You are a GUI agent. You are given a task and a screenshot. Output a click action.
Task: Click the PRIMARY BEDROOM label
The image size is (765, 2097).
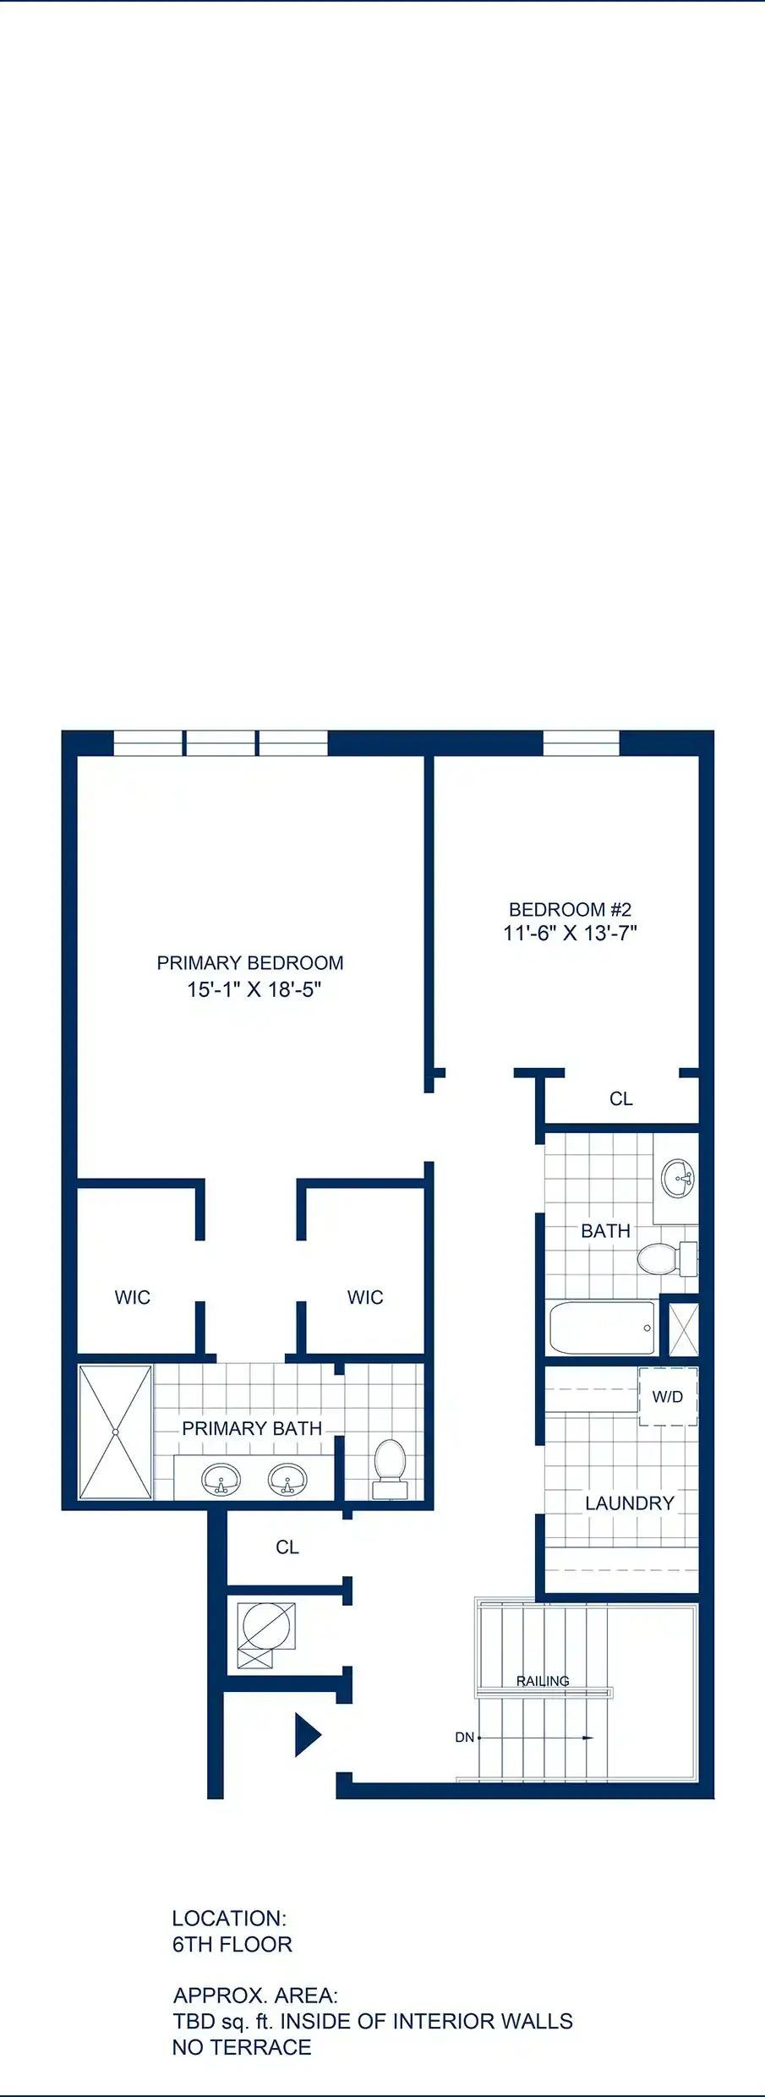(x=250, y=963)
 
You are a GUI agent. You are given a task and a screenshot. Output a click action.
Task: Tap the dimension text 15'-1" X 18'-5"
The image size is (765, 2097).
(x=254, y=989)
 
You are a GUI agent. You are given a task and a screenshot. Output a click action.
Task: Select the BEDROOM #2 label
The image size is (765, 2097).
(x=571, y=910)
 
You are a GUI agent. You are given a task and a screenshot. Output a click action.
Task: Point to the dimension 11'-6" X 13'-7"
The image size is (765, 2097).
(x=571, y=934)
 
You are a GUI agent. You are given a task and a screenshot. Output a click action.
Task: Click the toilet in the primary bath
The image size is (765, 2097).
(x=390, y=1470)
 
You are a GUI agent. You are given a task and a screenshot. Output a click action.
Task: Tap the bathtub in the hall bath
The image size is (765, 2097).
(x=602, y=1328)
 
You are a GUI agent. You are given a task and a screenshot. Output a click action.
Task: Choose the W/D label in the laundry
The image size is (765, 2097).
(x=668, y=1397)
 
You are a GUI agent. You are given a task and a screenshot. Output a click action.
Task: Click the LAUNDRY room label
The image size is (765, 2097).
(x=630, y=1503)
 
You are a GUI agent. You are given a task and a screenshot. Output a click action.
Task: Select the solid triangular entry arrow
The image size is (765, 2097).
(x=308, y=1735)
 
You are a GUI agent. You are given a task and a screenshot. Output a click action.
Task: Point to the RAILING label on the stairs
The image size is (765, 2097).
(x=543, y=1681)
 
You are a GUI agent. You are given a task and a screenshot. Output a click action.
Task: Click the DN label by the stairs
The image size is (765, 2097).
(x=465, y=1738)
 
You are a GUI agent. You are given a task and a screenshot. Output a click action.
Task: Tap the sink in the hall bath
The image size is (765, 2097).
(x=678, y=1178)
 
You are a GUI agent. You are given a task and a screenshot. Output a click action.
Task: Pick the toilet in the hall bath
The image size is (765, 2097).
(x=667, y=1259)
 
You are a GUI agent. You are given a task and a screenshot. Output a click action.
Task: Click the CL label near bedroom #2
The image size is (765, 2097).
(x=621, y=1098)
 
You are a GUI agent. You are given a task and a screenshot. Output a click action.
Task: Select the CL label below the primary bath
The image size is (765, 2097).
(x=287, y=1547)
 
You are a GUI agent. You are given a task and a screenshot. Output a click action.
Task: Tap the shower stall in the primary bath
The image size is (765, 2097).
(x=116, y=1432)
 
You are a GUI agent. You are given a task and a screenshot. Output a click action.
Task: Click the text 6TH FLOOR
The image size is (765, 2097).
(x=232, y=1944)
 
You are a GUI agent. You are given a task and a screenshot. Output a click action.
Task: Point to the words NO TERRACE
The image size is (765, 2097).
(x=242, y=2047)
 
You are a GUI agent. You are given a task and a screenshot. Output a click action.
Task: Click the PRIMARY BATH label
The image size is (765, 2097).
(x=252, y=1428)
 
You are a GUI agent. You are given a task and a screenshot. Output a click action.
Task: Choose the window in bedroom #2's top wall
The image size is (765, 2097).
(x=581, y=743)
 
